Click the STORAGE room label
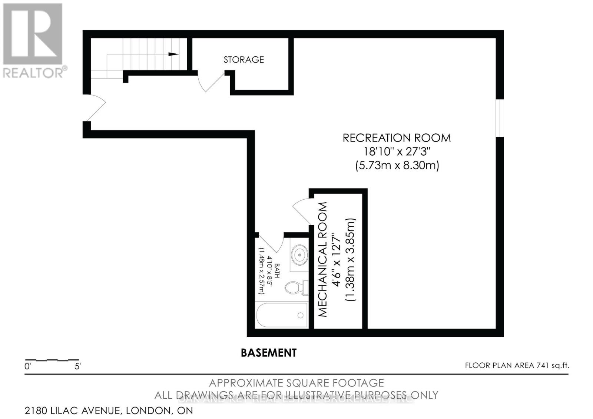coord(244,59)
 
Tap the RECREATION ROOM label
coord(397,138)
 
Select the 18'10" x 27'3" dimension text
coord(397,151)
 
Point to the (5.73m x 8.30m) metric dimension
coord(397,165)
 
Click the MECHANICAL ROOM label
coord(323,259)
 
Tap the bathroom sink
coord(299,255)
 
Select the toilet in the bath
coord(295,287)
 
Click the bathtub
coord(282,315)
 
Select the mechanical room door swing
coord(302,211)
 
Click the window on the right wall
coord(500,118)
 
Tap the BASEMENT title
coord(269,353)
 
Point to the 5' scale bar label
coord(78,367)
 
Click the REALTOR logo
coord(33,41)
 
